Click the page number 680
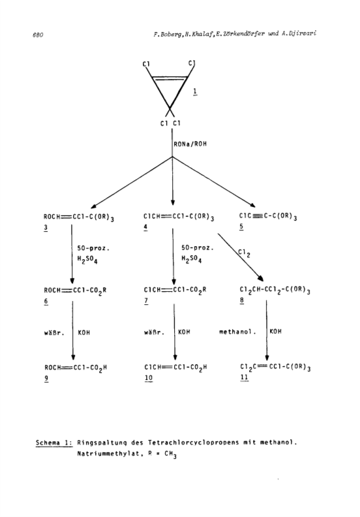point(38,35)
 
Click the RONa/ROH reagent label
point(190,144)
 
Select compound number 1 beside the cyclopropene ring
point(195,91)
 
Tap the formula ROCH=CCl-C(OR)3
point(79,217)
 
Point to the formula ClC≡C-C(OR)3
point(268,217)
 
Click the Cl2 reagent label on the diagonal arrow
point(244,253)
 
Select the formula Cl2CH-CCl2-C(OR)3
point(275,290)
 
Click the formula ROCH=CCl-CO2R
point(75,291)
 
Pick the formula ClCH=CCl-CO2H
point(175,368)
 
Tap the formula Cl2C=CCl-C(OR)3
point(275,367)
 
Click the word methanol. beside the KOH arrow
point(237,332)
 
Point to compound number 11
point(245,377)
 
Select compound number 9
point(46,379)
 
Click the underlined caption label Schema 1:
point(54,443)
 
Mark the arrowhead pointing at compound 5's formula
point(252,205)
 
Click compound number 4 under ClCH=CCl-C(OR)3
point(145,228)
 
